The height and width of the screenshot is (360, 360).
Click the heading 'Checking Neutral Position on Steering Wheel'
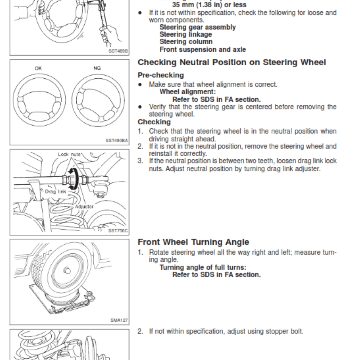(x=232, y=63)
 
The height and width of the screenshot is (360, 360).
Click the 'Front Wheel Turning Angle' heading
(x=193, y=242)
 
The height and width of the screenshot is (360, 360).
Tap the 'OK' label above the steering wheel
(x=38, y=68)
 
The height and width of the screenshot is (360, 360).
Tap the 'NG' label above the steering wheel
(x=97, y=68)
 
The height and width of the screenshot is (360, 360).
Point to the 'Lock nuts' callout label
(x=69, y=154)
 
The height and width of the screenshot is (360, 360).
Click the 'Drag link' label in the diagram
(x=55, y=192)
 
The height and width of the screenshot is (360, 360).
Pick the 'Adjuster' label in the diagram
(x=84, y=207)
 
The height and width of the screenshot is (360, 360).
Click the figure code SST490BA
(x=117, y=140)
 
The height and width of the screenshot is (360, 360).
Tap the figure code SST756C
(x=118, y=230)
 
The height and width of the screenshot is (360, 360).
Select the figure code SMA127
(x=119, y=320)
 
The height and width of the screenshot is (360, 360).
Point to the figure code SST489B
(x=118, y=51)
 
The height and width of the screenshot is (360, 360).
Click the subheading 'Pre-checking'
(x=161, y=75)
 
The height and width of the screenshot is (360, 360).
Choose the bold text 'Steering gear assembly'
(x=198, y=27)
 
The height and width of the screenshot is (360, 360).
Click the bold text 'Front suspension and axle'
(x=202, y=49)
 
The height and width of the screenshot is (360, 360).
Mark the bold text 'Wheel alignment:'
(x=188, y=91)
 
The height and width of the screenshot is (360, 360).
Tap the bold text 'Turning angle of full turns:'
(x=203, y=267)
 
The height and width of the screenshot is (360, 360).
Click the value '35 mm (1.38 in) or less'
(x=209, y=5)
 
